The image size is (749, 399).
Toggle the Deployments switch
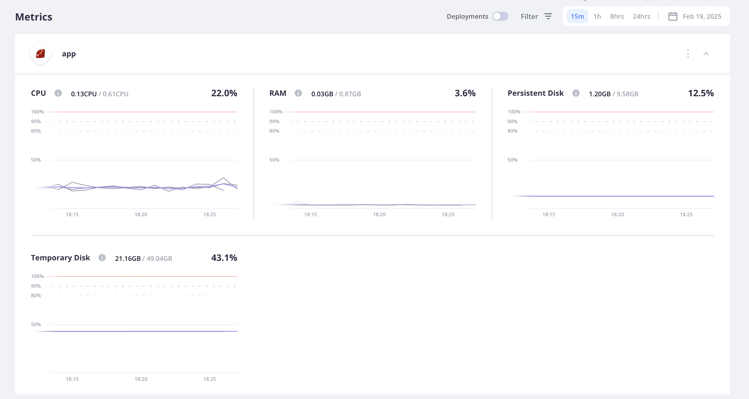coord(500,16)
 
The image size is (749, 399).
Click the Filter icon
coord(548,16)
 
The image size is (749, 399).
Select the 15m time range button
coord(577,16)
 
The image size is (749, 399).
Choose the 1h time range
coord(597,16)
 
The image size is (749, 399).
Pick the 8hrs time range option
coord(617,16)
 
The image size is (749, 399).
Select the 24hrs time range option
coord(641,16)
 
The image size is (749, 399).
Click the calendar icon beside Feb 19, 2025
coord(673,16)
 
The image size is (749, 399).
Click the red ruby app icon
coord(40,54)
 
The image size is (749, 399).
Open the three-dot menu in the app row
coord(688,54)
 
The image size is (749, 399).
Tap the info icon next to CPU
coord(58,93)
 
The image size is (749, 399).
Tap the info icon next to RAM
coord(298,93)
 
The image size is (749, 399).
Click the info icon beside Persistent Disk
coord(576,93)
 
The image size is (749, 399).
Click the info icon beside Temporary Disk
coord(102,258)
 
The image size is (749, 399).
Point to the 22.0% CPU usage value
coord(224,93)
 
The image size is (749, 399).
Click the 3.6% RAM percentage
coord(465,93)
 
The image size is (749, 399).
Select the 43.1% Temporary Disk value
coord(224,258)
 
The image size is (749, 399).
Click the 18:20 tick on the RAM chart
coord(379,214)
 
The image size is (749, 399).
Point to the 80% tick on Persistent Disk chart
coord(512,131)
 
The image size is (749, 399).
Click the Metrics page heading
coord(34,17)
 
